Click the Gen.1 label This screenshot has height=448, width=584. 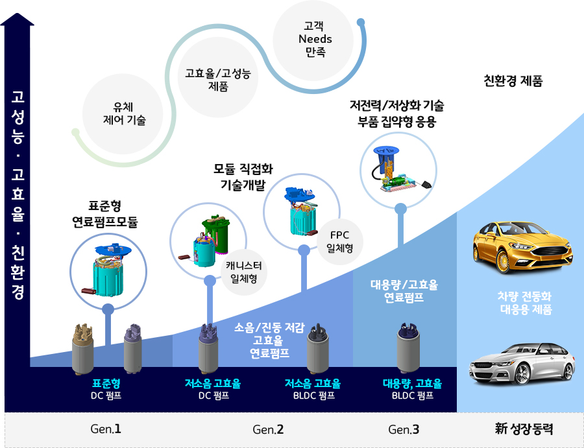pos(106,429)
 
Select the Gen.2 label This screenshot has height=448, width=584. pos(268,429)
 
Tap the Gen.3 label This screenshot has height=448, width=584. pos(404,429)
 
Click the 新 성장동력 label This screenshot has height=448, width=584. pos(524,429)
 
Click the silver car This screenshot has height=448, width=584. pos(522,364)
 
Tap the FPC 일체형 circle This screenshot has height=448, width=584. pos(339,242)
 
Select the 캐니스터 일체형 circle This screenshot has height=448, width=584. pos(244,272)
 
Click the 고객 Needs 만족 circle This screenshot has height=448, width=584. pos(313,40)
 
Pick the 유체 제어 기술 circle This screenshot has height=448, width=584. pos(123,114)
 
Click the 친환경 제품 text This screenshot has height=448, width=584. pos(513,81)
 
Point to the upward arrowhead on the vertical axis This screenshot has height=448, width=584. pos(17,19)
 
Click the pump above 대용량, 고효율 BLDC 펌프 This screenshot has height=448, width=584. pos(408,348)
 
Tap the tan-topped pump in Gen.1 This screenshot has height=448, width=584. pos(82,349)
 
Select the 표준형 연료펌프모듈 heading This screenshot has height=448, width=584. pos(105,214)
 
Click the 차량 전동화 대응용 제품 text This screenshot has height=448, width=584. pos(525,303)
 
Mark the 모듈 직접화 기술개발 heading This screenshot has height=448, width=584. pos(243,177)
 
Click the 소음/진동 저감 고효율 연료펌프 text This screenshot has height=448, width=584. pos(270,340)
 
